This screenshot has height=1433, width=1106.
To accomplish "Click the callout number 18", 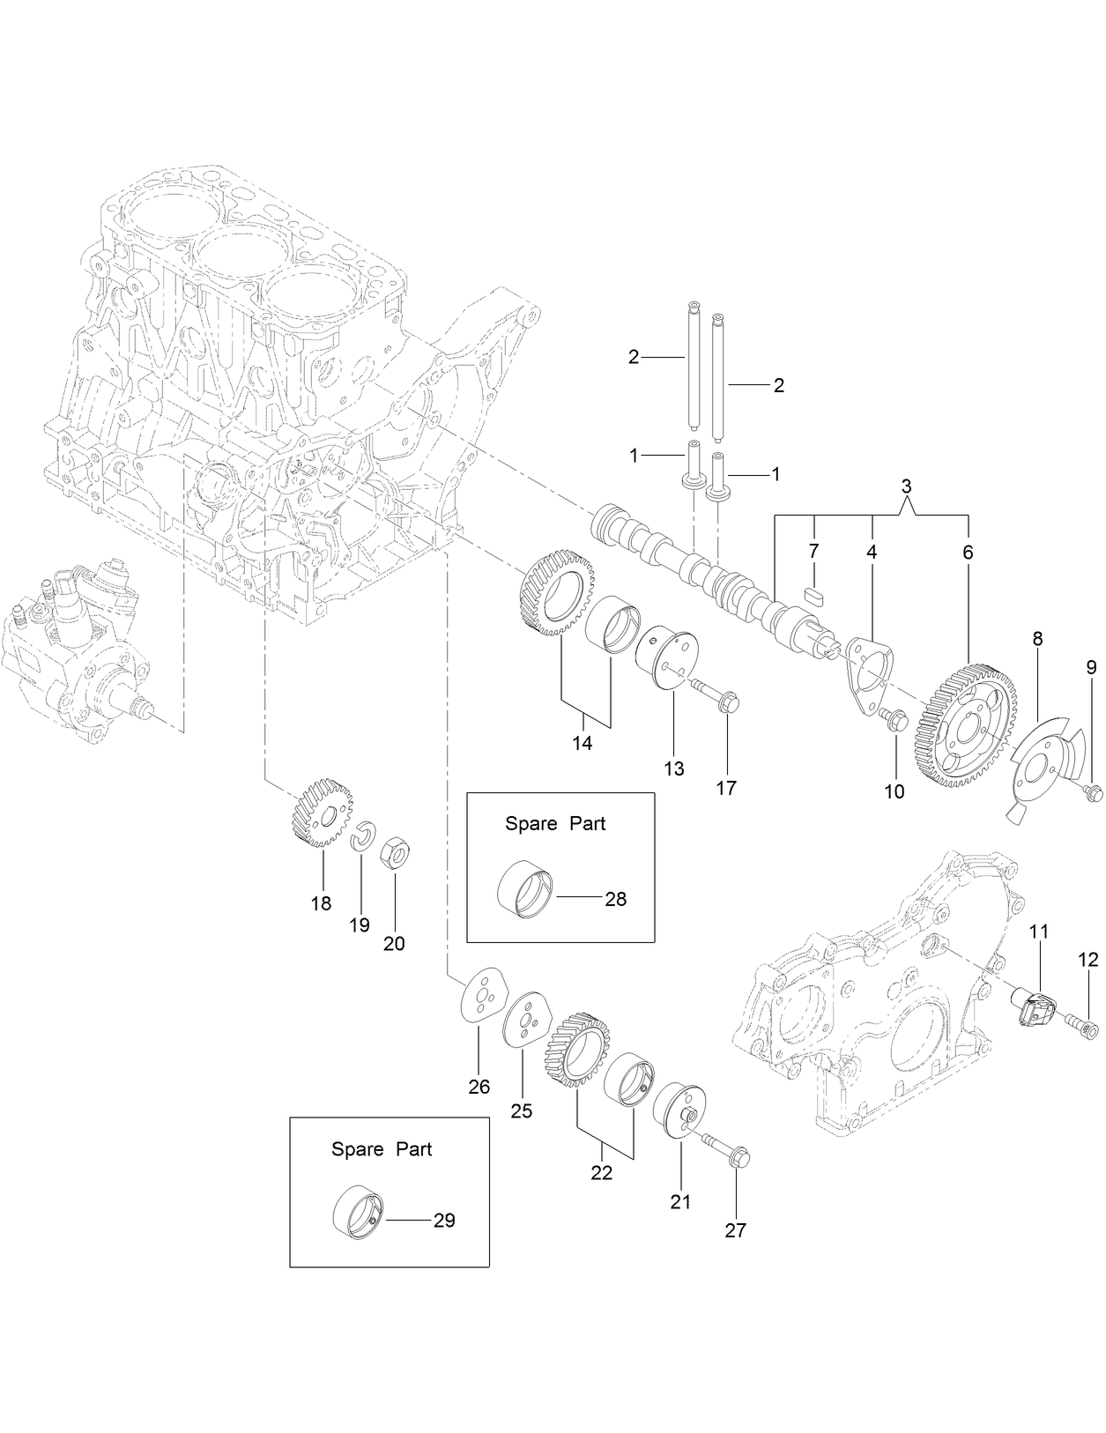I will click(x=321, y=903).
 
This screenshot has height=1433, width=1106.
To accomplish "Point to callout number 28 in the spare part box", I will click(x=615, y=899).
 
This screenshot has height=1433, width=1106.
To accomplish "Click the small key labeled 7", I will click(x=814, y=594).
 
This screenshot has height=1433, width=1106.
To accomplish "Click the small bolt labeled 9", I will click(x=1092, y=793).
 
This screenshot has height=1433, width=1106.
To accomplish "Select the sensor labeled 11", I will click(x=1036, y=1006).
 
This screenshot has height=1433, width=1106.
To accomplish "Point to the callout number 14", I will click(x=582, y=743).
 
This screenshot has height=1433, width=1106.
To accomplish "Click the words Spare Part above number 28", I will click(x=555, y=824).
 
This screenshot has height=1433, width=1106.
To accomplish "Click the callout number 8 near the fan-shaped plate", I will click(x=1037, y=639).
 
